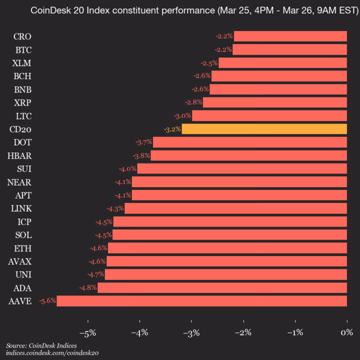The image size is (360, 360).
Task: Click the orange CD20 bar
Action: click(264, 129)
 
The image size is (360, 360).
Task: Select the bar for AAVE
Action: click(201, 301)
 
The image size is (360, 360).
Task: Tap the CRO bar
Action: click(290, 36)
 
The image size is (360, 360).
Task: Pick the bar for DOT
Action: click(249, 142)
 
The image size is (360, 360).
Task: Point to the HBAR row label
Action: click(19, 155)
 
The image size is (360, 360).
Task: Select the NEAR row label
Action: click(19, 182)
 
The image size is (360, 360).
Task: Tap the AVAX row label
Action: click(19, 261)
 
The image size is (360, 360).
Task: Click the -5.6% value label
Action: click(47, 301)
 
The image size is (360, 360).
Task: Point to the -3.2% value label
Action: click(172, 129)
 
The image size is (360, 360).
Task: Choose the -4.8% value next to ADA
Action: click(88, 287)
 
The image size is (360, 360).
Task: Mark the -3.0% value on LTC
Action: click(182, 116)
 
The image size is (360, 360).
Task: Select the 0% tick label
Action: click(346, 333)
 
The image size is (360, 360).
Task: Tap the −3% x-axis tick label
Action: click(191, 333)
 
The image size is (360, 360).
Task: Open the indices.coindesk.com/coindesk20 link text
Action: click(52, 353)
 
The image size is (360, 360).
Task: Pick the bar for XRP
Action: click(274, 102)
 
